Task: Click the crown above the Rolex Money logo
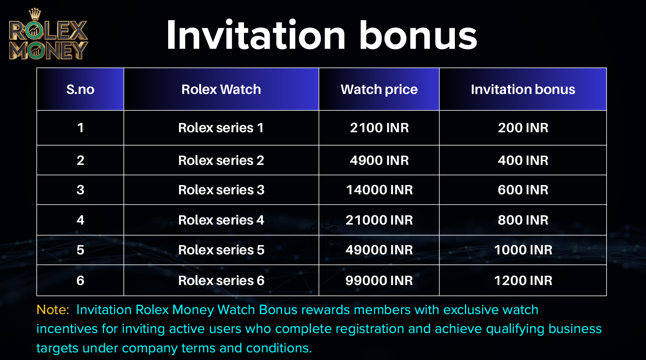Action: [x=35, y=14]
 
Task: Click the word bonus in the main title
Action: [x=418, y=35]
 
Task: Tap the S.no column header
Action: [x=80, y=89]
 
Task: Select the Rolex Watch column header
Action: [x=221, y=89]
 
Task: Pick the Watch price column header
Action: [x=379, y=89]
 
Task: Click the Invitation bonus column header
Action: [x=523, y=89]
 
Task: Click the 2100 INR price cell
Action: [x=379, y=128]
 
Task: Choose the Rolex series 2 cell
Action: [x=221, y=160]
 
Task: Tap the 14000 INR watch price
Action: [x=379, y=189]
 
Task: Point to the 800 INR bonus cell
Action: [x=523, y=220]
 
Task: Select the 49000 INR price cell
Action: [x=379, y=250]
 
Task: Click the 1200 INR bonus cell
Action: [x=523, y=281]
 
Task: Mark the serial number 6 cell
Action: [x=80, y=281]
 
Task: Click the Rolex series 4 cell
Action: [x=221, y=220]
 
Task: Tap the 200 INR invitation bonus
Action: [x=523, y=128]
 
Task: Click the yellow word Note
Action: [x=52, y=310]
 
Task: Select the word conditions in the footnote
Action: [x=279, y=348]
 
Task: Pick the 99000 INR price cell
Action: [x=379, y=281]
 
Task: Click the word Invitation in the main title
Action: [x=256, y=35]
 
